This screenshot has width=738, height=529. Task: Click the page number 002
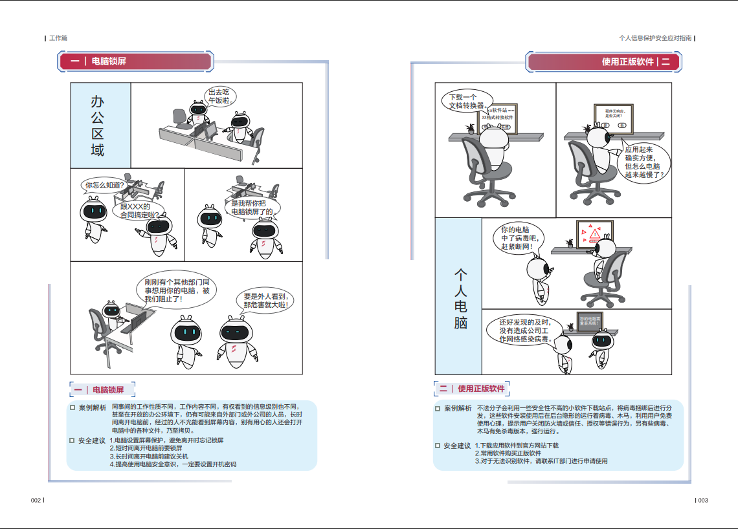pyautogui.click(x=36, y=500)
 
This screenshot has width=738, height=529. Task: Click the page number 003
pyautogui.click(x=702, y=500)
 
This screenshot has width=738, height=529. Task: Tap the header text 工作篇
pyautogui.click(x=58, y=38)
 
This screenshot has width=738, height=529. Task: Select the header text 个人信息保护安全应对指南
pyautogui.click(x=655, y=38)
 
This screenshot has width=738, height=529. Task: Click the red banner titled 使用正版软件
pyautogui.click(x=603, y=62)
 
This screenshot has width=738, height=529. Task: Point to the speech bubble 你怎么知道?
pyautogui.click(x=104, y=186)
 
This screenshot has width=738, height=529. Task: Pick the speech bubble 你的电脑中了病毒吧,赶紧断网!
pyautogui.click(x=519, y=238)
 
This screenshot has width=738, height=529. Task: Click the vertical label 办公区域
pyautogui.click(x=98, y=125)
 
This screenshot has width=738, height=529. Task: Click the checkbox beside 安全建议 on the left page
pyautogui.click(x=73, y=440)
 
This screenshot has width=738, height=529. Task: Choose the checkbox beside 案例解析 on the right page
pyautogui.click(x=438, y=409)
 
